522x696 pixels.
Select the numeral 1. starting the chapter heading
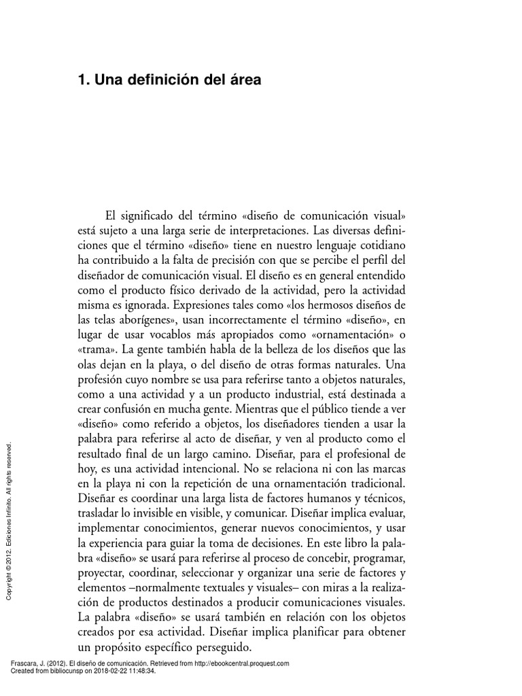tap(84, 80)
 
